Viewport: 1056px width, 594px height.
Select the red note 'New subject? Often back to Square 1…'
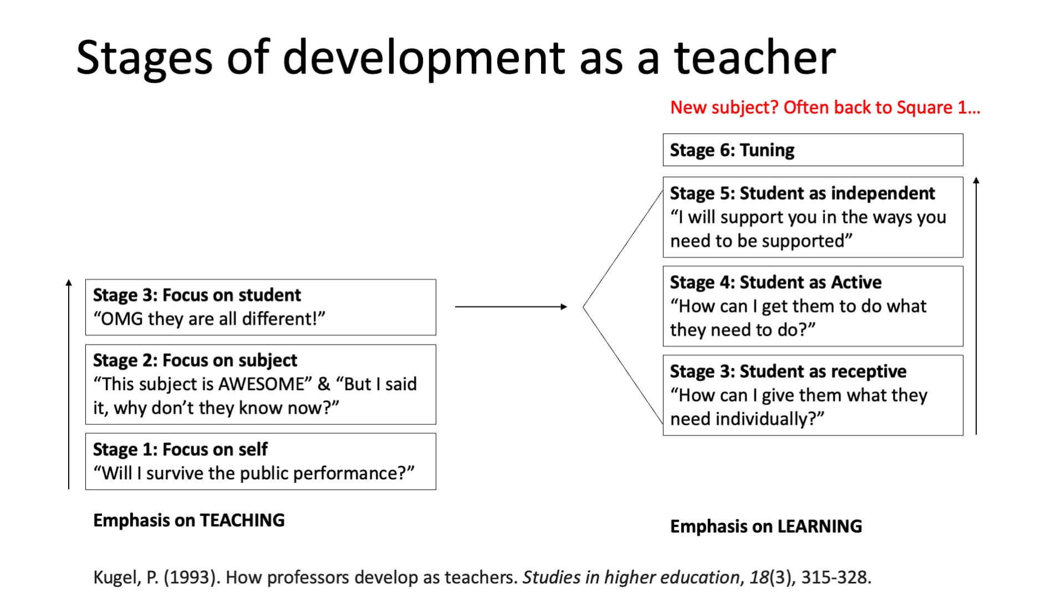click(825, 107)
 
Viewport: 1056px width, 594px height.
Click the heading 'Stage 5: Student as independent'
click(802, 193)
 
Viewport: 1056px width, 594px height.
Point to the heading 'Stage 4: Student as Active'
click(776, 282)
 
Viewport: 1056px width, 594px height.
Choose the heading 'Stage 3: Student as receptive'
click(788, 371)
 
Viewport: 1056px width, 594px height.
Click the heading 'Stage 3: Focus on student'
click(197, 295)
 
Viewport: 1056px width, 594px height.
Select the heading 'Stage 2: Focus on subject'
click(195, 360)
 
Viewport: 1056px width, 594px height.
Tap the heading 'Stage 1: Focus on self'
click(180, 449)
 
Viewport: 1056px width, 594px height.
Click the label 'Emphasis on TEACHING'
click(189, 520)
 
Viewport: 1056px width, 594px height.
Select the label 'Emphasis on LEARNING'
click(766, 526)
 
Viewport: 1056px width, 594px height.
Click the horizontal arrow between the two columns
click(511, 306)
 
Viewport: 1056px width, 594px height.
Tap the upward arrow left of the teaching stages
click(69, 384)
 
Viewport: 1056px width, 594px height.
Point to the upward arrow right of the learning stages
click(976, 306)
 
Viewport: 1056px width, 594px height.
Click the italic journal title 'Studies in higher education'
click(631, 577)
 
